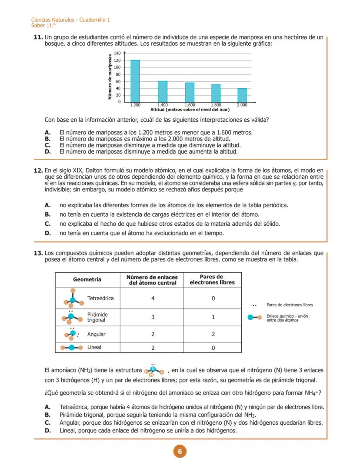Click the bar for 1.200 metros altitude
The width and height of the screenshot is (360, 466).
[x=135, y=80]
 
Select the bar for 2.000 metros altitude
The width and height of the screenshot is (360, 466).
[x=242, y=95]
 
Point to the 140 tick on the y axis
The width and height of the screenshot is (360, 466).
[x=117, y=53]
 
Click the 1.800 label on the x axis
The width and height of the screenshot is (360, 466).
[x=216, y=105]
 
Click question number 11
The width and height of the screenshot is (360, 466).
[x=38, y=38]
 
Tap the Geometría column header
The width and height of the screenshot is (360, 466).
[x=87, y=279]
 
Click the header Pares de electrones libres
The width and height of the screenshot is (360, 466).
[x=212, y=279]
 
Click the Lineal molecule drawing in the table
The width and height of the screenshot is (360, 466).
[x=71, y=348]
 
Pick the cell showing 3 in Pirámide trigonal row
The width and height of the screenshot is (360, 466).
[x=153, y=317]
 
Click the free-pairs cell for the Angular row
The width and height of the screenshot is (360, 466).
[x=213, y=334]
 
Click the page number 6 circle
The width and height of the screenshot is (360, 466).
[x=180, y=451]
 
